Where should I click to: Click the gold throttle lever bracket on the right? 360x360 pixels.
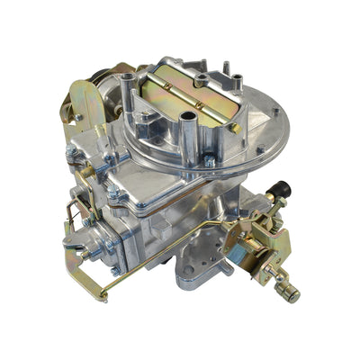click(269, 243)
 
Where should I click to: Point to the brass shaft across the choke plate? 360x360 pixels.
click(193, 90)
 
